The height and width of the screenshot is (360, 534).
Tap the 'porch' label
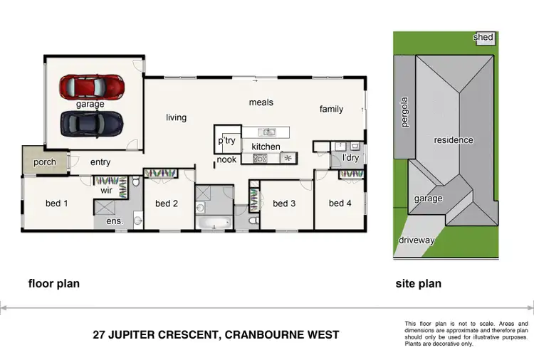44,163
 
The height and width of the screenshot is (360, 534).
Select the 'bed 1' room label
57,203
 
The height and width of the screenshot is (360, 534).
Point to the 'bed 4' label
340,203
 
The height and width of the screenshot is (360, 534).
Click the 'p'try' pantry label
227,141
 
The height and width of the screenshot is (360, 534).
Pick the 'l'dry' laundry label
350,158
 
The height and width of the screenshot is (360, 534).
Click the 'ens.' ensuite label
115,221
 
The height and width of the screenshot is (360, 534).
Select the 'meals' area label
261,102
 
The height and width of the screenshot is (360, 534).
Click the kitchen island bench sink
267,132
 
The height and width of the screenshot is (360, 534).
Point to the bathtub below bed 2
215,223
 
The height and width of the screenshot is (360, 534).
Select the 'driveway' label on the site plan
416,240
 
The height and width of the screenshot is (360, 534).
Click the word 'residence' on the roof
454,140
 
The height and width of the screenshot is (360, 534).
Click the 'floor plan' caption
53,284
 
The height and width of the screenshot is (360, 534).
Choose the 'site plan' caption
418,284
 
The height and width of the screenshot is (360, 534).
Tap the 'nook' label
226,160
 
